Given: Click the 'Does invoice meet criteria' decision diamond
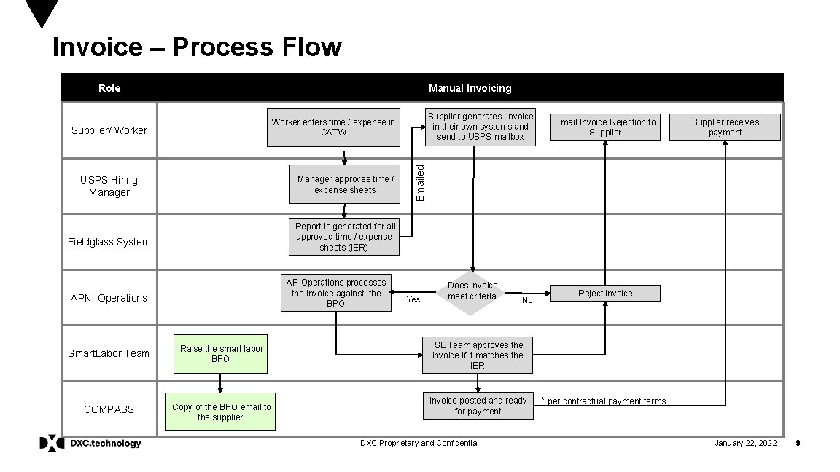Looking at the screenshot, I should (x=472, y=291).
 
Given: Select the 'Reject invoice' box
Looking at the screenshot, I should (x=604, y=293).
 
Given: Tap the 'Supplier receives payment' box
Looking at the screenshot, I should (x=725, y=127).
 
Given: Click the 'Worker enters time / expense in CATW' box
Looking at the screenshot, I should (x=333, y=127).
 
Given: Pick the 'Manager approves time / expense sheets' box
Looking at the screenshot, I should (x=345, y=185).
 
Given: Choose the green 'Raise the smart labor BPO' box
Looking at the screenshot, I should (x=221, y=354).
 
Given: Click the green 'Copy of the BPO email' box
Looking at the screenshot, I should (x=221, y=412).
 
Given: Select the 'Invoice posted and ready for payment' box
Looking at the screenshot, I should (x=478, y=406).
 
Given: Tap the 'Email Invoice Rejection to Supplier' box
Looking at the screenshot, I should (x=604, y=127).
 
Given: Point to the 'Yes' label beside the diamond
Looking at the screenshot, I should (x=413, y=299).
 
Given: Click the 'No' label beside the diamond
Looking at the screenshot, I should (x=527, y=300).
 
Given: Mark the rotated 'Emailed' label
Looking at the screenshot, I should (x=420, y=183).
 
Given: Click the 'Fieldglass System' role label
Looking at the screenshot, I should (x=109, y=242).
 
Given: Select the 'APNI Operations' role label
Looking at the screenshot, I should (x=109, y=298).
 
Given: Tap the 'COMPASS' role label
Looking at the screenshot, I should (x=109, y=409).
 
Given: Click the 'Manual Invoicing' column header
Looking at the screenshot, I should (x=470, y=88).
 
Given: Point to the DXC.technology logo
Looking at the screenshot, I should (x=90, y=443).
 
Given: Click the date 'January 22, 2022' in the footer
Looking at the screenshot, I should (x=745, y=443).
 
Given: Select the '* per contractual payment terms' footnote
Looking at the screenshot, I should (x=603, y=401).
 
